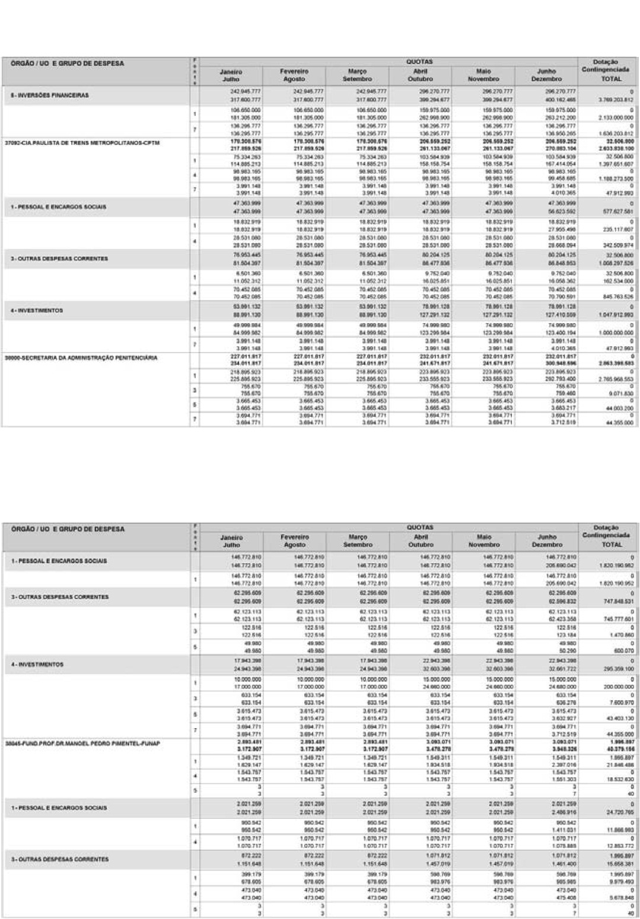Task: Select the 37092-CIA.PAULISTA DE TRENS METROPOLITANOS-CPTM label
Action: coord(82,143)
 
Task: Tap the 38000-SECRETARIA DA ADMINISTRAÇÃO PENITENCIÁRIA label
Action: coord(81,358)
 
